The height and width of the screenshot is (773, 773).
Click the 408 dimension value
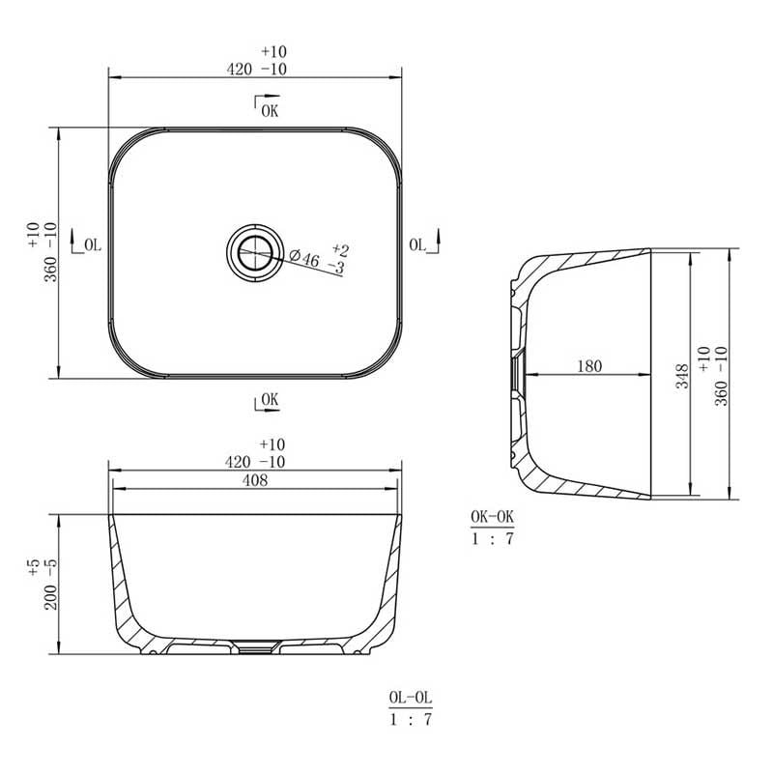click(x=255, y=479)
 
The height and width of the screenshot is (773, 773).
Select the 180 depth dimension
click(x=589, y=366)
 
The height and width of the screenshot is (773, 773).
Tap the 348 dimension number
click(x=682, y=376)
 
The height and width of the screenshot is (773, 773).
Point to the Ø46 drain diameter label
click(x=303, y=257)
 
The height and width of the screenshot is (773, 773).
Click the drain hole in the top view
click(x=255, y=253)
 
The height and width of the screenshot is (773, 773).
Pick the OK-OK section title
click(x=492, y=517)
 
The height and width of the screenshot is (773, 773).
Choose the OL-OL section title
click(x=410, y=698)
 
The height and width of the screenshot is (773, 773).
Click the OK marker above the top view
click(x=270, y=111)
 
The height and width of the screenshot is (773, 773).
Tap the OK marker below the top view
click(x=270, y=399)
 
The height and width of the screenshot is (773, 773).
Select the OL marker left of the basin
click(x=93, y=244)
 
